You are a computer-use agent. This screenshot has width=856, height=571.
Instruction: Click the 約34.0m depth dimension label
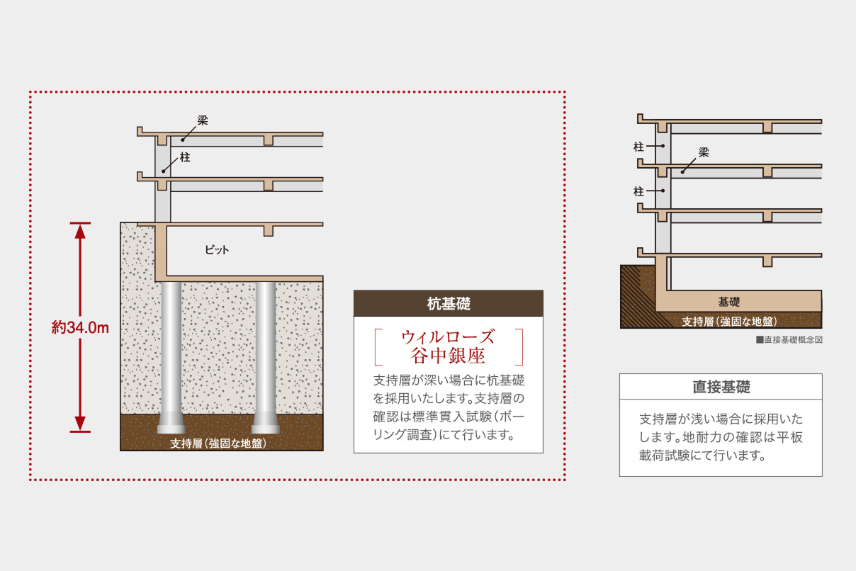(x=80, y=328)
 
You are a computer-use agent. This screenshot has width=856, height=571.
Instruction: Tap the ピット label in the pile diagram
(x=217, y=250)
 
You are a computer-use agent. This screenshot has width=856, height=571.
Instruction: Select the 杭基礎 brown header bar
(x=448, y=304)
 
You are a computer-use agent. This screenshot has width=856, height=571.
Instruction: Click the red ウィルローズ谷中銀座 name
(x=448, y=345)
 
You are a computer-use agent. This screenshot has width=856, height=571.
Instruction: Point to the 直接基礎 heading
(x=721, y=387)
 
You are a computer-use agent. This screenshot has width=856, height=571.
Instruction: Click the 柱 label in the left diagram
(x=185, y=157)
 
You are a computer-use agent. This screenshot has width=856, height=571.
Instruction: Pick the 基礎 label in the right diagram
(x=729, y=301)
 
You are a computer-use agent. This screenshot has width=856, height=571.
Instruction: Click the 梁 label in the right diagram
(x=704, y=152)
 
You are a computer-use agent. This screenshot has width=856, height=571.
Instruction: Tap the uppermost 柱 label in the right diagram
(x=638, y=147)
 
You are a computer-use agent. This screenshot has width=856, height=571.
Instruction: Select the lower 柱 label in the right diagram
(x=638, y=191)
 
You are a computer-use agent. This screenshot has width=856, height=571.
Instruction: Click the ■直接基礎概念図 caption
(x=789, y=340)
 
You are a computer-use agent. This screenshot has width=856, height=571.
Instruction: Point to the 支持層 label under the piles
(x=218, y=443)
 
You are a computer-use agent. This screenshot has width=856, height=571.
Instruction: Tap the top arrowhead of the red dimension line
(x=80, y=230)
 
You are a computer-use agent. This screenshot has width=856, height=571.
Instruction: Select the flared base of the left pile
(x=171, y=425)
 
